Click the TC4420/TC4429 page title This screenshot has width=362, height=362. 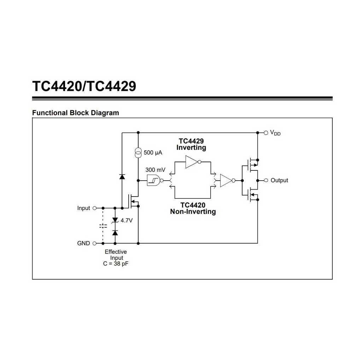pyautogui.click(x=84, y=86)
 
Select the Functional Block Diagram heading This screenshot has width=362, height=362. pyautogui.click(x=76, y=113)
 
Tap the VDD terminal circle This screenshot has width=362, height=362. pyautogui.click(x=266, y=133)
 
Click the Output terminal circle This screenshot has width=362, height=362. pyautogui.click(x=266, y=180)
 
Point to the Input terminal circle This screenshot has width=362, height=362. pyautogui.click(x=94, y=208)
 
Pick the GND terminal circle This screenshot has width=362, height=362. pyautogui.click(x=94, y=243)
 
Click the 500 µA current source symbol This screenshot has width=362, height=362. pyautogui.click(x=138, y=153)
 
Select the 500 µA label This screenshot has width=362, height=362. pyautogui.click(x=153, y=153)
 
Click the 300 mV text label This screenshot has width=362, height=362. pyautogui.click(x=156, y=170)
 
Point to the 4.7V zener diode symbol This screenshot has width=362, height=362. pyautogui.click(x=115, y=220)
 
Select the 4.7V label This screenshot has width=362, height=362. pyautogui.click(x=127, y=221)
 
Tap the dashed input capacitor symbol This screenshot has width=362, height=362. pyautogui.click(x=103, y=226)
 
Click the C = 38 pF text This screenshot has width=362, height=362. pyautogui.click(x=116, y=264)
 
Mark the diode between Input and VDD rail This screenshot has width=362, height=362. pyautogui.click(x=122, y=177)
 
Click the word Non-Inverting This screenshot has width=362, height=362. pyautogui.click(x=193, y=212)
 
